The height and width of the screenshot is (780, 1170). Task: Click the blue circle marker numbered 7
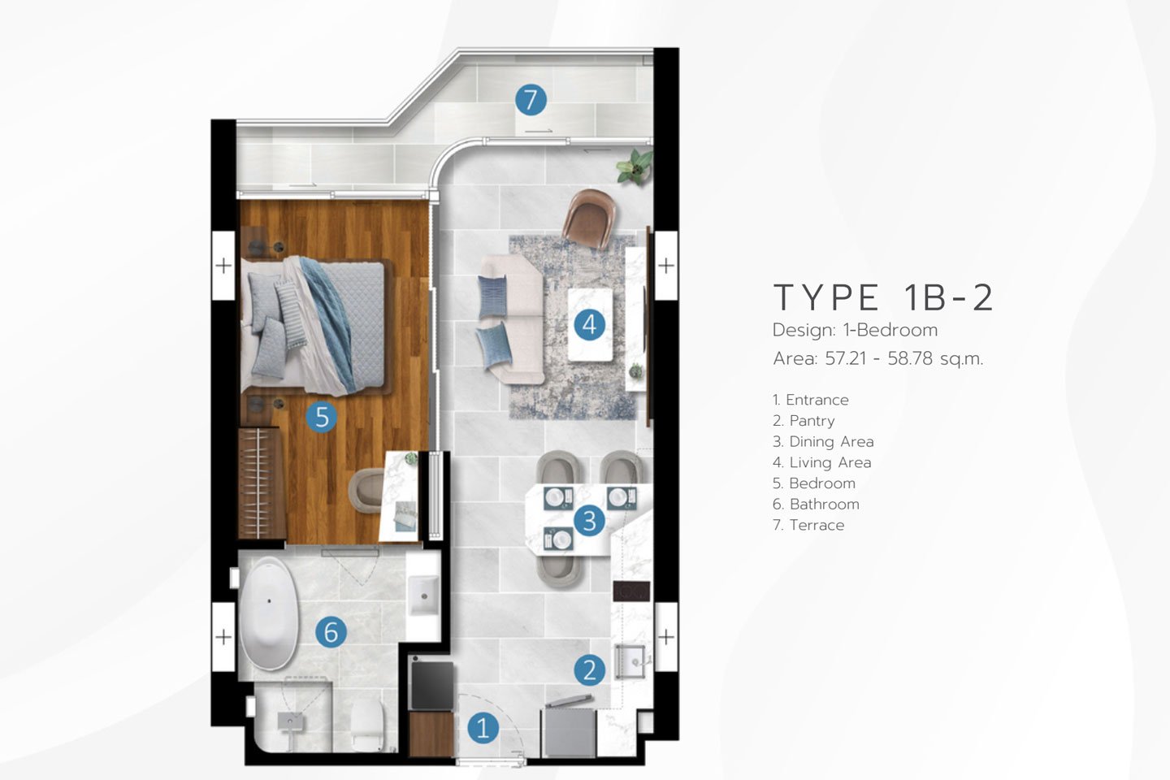pyautogui.click(x=531, y=100)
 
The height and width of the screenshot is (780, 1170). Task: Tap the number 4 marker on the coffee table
pyautogui.click(x=590, y=324)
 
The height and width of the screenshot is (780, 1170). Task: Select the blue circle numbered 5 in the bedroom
pyautogui.click(x=322, y=417)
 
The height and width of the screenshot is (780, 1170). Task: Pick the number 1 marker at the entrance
pyautogui.click(x=483, y=728)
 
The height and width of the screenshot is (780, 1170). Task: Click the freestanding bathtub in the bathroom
pyautogui.click(x=269, y=613)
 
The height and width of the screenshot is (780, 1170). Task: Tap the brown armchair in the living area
pyautogui.click(x=589, y=219)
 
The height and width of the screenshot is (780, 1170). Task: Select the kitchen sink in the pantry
pyautogui.click(x=632, y=661)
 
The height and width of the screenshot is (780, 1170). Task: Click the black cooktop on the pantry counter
pyautogui.click(x=631, y=591)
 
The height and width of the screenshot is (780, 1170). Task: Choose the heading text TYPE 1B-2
pyautogui.click(x=882, y=297)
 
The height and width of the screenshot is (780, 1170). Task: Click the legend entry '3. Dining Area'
pyautogui.click(x=823, y=441)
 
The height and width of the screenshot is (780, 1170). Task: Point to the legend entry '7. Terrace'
pyautogui.click(x=808, y=525)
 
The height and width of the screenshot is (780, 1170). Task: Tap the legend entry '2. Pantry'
pyautogui.click(x=804, y=421)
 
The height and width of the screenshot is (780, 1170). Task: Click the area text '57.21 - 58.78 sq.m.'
pyautogui.click(x=904, y=358)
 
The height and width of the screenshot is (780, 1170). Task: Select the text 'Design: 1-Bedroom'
pyautogui.click(x=856, y=330)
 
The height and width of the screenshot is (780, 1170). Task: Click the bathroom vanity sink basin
pyautogui.click(x=423, y=596)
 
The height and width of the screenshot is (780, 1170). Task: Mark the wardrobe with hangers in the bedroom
pyautogui.click(x=261, y=483)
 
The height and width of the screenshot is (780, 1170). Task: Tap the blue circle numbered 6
pyautogui.click(x=331, y=631)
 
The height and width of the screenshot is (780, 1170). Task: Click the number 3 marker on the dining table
pyautogui.click(x=589, y=520)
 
